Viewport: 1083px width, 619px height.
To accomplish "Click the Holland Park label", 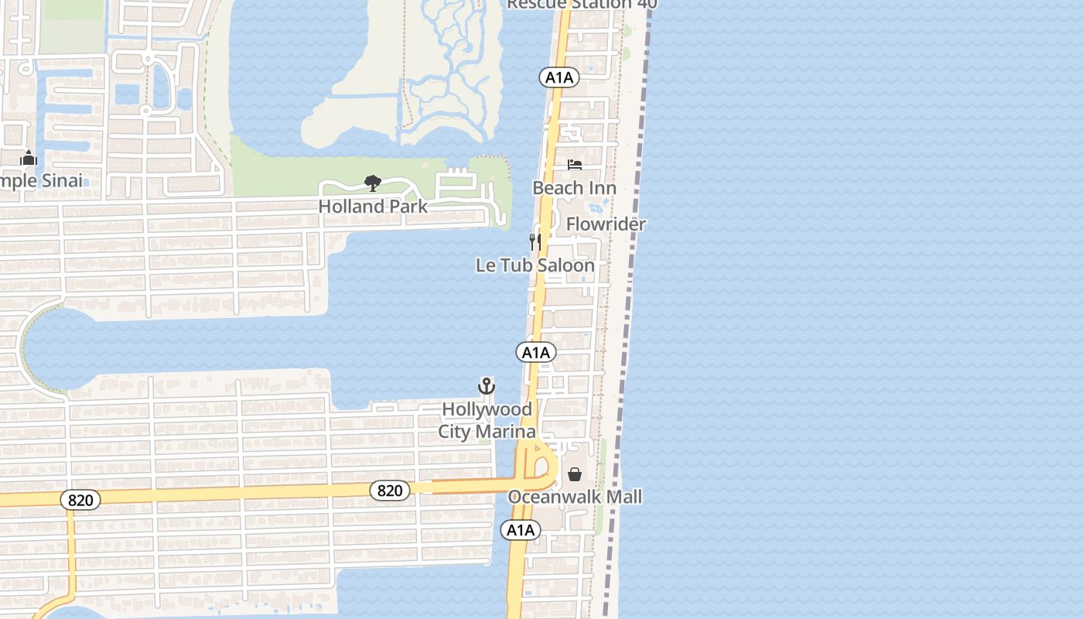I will point(373,207).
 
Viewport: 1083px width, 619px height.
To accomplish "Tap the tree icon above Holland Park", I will point(373,183).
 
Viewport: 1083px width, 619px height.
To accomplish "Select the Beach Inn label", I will point(574,188).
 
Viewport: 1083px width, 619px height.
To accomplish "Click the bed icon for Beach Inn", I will point(574,164).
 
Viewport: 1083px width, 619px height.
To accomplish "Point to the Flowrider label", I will point(606,224).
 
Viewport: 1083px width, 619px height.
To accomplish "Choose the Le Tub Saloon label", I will point(535,265).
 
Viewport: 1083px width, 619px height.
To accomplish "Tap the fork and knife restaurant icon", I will point(535,241).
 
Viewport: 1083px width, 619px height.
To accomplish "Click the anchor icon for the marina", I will point(487,385).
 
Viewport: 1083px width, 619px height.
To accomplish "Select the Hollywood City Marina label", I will point(487,420).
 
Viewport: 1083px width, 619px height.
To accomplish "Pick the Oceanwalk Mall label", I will point(575,497).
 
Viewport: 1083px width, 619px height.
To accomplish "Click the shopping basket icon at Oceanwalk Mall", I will point(575,474).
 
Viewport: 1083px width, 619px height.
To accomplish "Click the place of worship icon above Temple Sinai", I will point(29,159).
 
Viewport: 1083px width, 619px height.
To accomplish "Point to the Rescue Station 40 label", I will point(582,5).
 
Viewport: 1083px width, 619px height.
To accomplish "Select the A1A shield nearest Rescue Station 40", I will point(559,77).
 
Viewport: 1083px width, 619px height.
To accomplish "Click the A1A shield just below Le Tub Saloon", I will point(535,353).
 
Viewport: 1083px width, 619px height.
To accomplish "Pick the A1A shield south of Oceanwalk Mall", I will point(520,530).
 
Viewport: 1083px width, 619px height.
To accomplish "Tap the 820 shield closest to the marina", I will point(390,490).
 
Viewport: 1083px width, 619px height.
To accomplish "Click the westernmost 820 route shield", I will point(80,501).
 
